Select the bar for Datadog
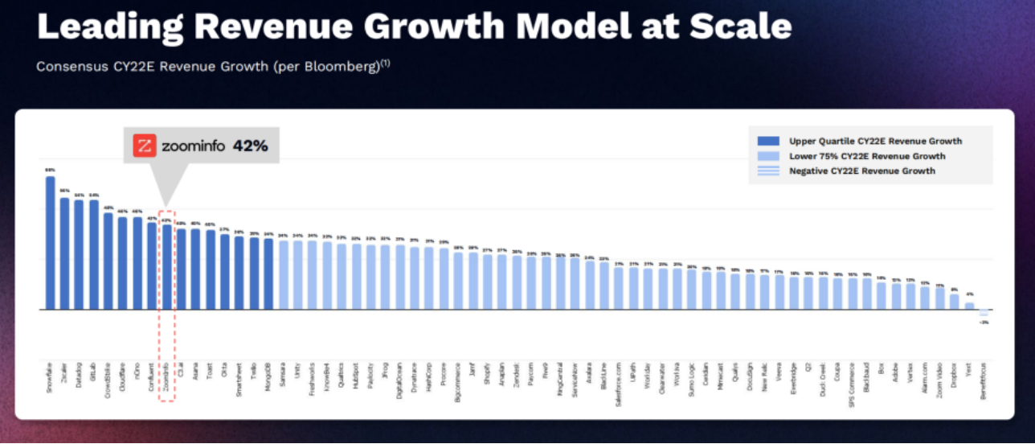tap(79, 254)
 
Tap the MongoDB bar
tap(268, 273)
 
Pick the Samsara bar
tap(283, 274)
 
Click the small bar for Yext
tap(969, 306)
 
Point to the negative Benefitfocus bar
tap(984, 312)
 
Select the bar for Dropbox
tap(955, 302)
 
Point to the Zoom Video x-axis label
tap(940, 379)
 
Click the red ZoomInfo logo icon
tap(145, 146)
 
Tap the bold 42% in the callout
tap(250, 146)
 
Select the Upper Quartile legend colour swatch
tap(769, 141)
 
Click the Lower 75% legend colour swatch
tap(769, 156)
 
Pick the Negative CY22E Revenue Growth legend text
tap(862, 171)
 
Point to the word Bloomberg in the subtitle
tap(337, 67)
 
